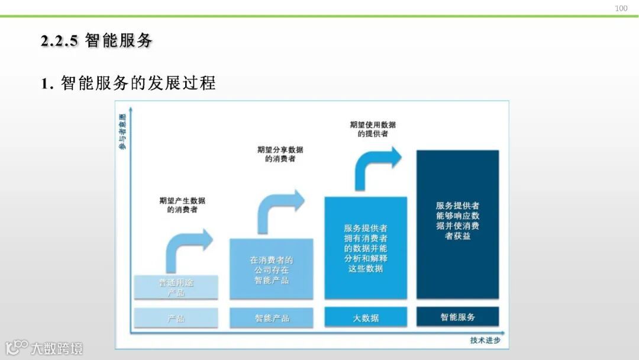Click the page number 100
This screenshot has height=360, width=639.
(x=621, y=8)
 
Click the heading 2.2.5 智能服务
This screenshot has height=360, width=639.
(x=96, y=41)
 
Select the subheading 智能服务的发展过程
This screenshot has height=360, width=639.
(x=128, y=83)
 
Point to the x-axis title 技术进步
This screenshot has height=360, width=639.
(x=485, y=340)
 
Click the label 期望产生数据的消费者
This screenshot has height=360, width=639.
(x=182, y=205)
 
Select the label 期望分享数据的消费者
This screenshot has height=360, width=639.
(x=280, y=155)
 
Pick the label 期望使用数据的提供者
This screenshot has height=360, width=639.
(x=373, y=129)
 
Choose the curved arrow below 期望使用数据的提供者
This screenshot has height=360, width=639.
(x=377, y=166)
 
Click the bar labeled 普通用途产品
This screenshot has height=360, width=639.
(x=176, y=287)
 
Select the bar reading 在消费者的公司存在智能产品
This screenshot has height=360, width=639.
(x=272, y=269)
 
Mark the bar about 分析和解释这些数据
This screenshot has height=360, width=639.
(x=366, y=247)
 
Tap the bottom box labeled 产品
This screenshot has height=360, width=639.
(x=176, y=318)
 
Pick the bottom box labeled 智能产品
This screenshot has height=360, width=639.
(x=272, y=318)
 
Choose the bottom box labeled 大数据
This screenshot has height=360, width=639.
(x=366, y=318)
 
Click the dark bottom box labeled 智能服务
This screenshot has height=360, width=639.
(x=457, y=317)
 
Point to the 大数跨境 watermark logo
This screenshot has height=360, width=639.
(x=44, y=347)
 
